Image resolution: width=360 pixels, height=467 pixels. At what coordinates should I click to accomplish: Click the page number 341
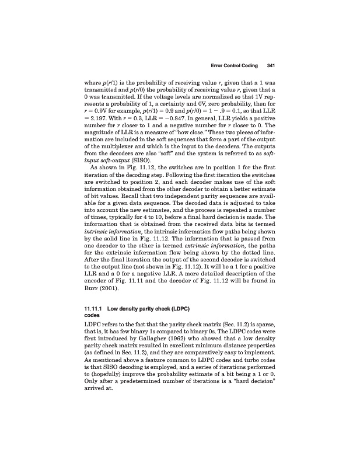tap(271, 64)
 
